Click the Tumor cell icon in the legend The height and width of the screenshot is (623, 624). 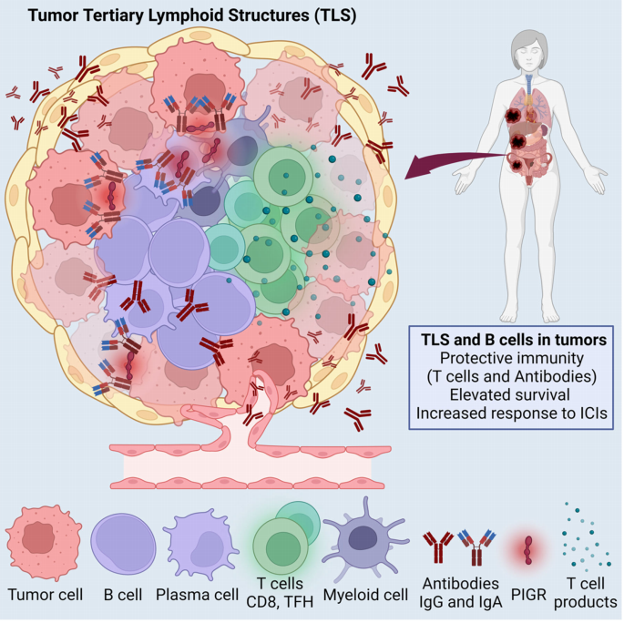pyautogui.click(x=44, y=543)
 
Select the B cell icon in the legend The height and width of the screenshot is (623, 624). pyautogui.click(x=123, y=544)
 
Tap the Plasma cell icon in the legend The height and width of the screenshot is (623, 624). pyautogui.click(x=201, y=544)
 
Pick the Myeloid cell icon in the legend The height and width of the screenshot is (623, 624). pyautogui.click(x=364, y=541)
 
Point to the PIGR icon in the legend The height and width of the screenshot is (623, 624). pyautogui.click(x=528, y=550)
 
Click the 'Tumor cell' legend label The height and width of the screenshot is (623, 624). pyautogui.click(x=46, y=595)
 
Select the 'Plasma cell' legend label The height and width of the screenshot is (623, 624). pyautogui.click(x=197, y=595)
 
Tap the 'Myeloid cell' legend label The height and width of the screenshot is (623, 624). pyautogui.click(x=365, y=595)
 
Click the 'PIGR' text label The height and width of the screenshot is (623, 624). pyautogui.click(x=528, y=595)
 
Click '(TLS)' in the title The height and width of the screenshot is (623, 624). pyautogui.click(x=334, y=15)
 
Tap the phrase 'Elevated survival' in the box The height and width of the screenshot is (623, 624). pyautogui.click(x=510, y=394)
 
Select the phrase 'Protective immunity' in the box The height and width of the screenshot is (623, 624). pyautogui.click(x=512, y=358)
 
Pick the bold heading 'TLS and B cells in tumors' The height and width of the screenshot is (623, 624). pyautogui.click(x=514, y=340)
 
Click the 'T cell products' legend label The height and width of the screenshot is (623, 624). pyautogui.click(x=586, y=593)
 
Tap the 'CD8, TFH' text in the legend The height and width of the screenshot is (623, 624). pyautogui.click(x=280, y=602)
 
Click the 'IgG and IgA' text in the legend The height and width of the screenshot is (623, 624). pyautogui.click(x=461, y=602)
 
